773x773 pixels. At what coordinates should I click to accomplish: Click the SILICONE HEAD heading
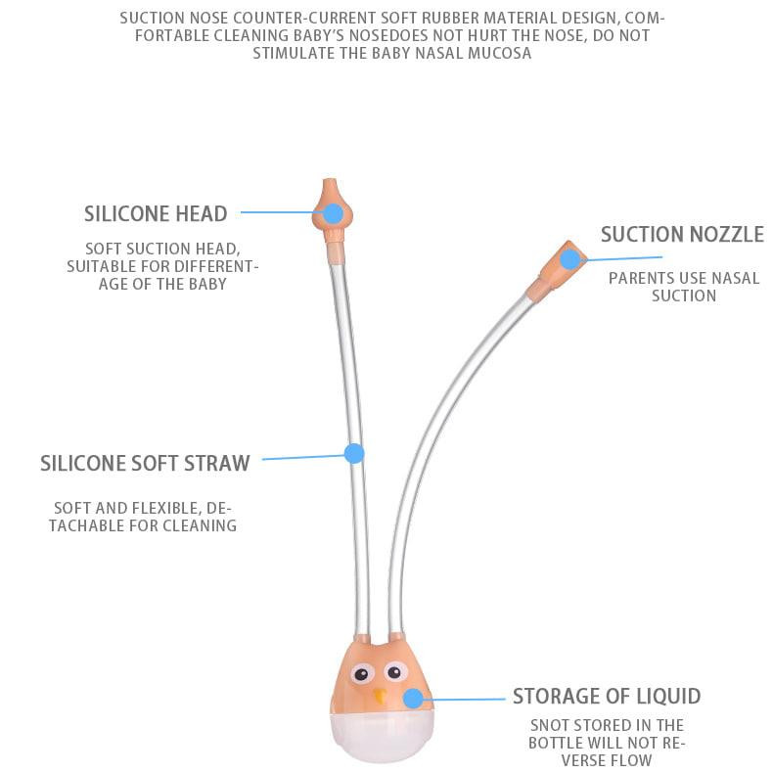(x=156, y=214)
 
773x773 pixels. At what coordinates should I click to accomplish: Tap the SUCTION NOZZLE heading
(x=682, y=235)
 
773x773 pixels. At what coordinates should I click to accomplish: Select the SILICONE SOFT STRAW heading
(x=145, y=464)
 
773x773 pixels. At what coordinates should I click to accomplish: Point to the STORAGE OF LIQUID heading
(x=607, y=697)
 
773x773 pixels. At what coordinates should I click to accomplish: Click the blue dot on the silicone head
(x=334, y=213)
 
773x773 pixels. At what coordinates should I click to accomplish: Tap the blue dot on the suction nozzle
(x=570, y=259)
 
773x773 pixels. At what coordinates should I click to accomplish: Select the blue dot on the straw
(x=354, y=454)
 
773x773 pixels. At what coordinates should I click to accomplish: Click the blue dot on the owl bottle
(x=413, y=699)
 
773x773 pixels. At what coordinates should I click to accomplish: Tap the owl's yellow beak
(x=380, y=697)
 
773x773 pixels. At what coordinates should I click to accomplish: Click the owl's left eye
(x=360, y=674)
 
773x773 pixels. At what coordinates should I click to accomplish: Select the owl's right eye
(x=394, y=671)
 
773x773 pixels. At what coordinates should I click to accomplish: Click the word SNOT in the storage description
(x=547, y=725)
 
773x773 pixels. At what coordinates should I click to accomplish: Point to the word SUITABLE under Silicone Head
(x=98, y=266)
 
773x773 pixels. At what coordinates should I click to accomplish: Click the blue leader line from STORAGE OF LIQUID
(x=464, y=699)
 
